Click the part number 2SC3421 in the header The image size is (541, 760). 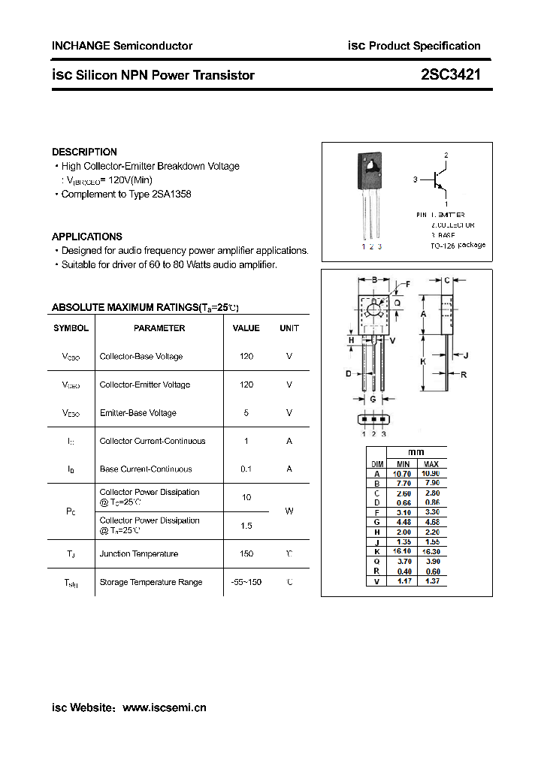point(451,74)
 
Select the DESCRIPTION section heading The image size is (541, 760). point(84,152)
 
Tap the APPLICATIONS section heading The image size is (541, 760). point(86,237)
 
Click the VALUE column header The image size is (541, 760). point(246,328)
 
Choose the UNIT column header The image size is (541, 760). point(289,328)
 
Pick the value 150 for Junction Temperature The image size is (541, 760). point(246,553)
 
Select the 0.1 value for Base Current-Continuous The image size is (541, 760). point(246,469)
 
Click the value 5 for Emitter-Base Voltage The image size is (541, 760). point(246,412)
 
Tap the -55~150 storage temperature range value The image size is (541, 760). point(246,582)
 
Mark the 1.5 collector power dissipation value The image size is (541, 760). point(246,526)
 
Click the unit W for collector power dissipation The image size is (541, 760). point(289,511)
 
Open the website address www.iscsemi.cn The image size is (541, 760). point(164,707)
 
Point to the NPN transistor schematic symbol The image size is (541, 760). point(440,180)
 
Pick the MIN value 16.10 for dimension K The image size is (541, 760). point(402,550)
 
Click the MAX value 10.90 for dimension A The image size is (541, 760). point(431,473)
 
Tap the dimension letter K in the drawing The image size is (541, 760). point(423,361)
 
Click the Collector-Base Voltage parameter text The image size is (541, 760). point(141,356)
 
